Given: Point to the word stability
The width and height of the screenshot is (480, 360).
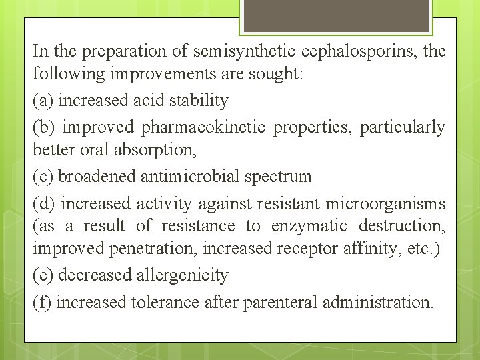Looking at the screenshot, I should pos(199,101).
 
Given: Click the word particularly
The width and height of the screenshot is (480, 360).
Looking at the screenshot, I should pos(403,127).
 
